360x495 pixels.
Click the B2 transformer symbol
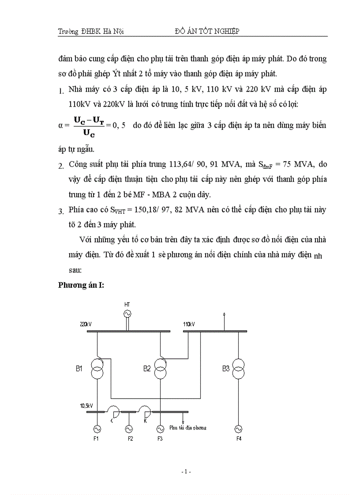160,368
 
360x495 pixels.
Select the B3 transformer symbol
238,368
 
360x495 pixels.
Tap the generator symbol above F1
97,428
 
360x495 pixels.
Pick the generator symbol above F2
129,428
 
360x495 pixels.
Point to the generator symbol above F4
238,428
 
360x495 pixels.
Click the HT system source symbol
127,313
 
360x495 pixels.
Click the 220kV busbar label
86,324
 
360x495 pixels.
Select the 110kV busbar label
189,324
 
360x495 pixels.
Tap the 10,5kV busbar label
86,405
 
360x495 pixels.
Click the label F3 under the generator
160,439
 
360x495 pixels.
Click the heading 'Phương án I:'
81,285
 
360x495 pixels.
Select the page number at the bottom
186,472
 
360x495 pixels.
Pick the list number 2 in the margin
61,166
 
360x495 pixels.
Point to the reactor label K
145,421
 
